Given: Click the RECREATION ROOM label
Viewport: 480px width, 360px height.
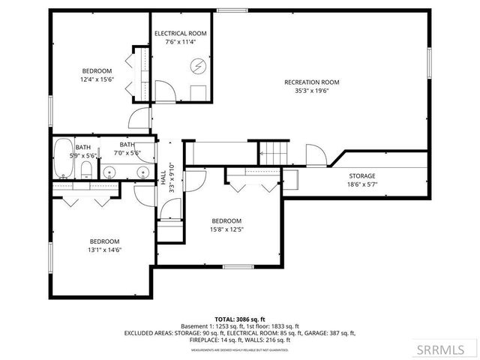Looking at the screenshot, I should [x=312, y=82].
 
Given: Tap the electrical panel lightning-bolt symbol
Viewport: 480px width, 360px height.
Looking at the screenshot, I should [x=198, y=65].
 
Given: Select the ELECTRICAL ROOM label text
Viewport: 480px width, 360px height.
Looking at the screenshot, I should [x=181, y=34].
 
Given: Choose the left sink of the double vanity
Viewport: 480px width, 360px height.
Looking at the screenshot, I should [x=109, y=172].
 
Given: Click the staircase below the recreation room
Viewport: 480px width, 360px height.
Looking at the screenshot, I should [x=274, y=152].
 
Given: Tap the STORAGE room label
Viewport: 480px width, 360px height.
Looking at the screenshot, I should [x=361, y=176].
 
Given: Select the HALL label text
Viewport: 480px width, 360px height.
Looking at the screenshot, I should [x=163, y=177].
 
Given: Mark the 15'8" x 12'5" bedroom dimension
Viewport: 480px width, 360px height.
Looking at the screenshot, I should [x=226, y=229].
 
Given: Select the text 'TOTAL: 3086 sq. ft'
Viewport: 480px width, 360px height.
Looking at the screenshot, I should [x=239, y=319].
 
